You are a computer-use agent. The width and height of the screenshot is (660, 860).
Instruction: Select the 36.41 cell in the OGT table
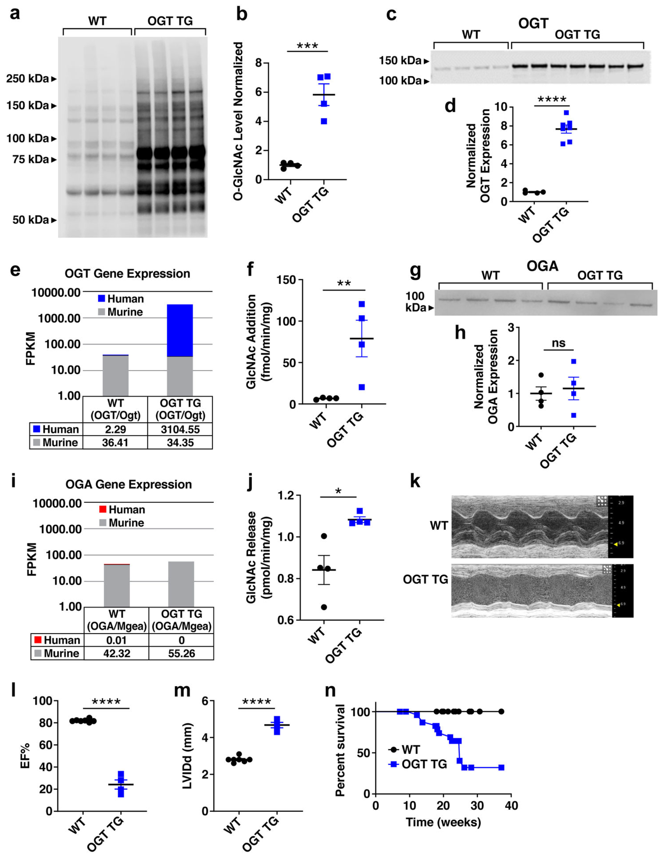click(115, 443)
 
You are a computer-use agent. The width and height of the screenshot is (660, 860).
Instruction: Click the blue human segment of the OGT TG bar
click(179, 330)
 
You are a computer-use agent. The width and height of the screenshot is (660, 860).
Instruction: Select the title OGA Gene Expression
click(129, 484)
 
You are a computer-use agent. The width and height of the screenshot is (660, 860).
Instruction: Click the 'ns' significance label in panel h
click(558, 343)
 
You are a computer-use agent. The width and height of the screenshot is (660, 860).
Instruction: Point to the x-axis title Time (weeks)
click(443, 822)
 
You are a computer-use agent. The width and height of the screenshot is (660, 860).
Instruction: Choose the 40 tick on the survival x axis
click(511, 806)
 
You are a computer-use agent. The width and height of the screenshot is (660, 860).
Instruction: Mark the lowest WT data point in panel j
click(324, 608)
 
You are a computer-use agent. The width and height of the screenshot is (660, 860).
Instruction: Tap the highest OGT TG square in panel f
click(362, 304)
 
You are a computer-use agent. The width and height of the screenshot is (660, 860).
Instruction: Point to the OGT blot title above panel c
click(533, 24)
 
